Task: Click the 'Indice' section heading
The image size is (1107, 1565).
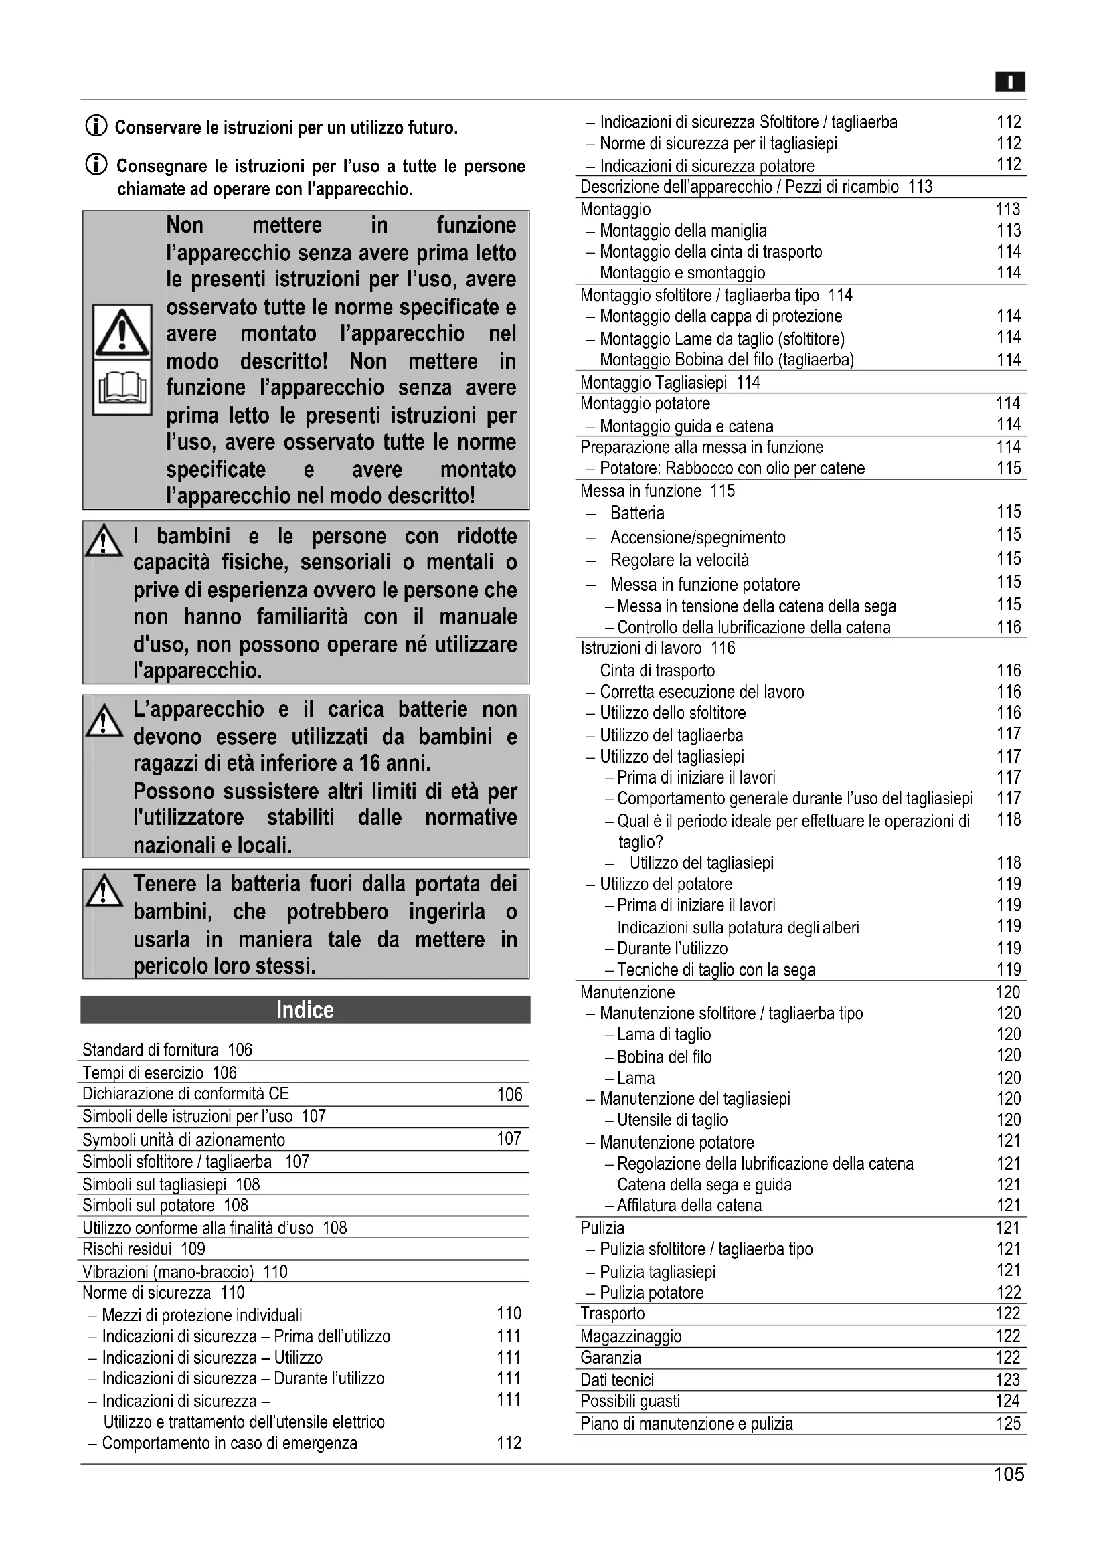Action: coord(305,1010)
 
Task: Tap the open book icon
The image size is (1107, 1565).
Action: coord(122,387)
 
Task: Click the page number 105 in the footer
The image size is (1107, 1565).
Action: coord(1009,1475)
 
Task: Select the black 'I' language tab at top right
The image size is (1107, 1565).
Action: coord(1010,82)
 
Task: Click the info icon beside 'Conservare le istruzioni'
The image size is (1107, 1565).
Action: coord(96,126)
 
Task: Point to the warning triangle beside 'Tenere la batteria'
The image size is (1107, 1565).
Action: coord(104,891)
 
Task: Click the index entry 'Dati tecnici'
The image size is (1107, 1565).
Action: coord(617,1380)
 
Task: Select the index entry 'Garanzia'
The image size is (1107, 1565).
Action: coord(611,1358)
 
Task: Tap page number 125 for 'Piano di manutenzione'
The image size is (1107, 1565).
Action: coord(1008,1424)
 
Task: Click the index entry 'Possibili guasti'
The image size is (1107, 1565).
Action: coord(630,1402)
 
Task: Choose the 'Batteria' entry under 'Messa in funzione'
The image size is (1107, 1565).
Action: coord(636,513)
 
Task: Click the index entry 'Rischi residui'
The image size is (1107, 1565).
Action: coord(143,1249)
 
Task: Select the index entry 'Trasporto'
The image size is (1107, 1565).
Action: coord(612,1313)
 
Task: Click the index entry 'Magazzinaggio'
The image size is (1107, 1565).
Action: coord(630,1336)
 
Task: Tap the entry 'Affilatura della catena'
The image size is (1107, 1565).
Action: coord(689,1205)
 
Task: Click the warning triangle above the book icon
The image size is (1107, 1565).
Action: coord(122,333)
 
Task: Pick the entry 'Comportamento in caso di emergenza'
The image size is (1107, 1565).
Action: coord(229,1443)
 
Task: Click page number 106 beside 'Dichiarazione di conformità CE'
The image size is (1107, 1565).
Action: coord(509,1095)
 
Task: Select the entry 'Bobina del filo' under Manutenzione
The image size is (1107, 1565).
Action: coord(664,1056)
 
